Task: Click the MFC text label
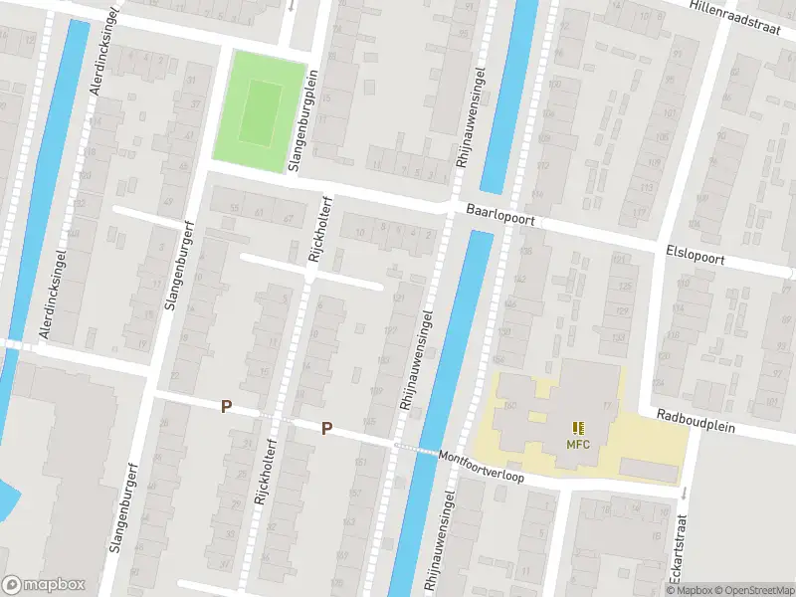pos(578,444)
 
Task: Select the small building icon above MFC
pos(578,428)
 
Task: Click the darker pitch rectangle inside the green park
pos(261,112)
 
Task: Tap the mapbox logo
pos(44,585)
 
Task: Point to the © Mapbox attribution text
pos(691,590)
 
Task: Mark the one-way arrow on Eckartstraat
pos(683,493)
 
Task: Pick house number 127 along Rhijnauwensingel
pos(390,331)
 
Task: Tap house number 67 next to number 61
pos(289,218)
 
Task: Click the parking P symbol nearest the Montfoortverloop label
pos(325,429)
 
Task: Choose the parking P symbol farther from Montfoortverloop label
pos(226,406)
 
